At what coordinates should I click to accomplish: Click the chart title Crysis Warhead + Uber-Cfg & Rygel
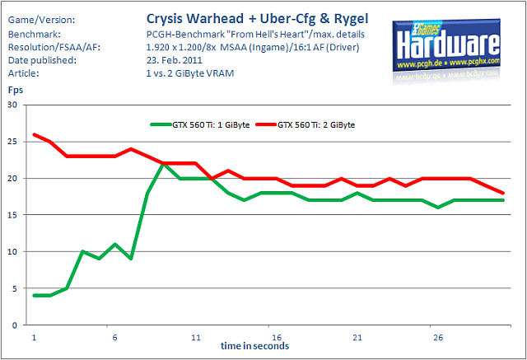(257, 19)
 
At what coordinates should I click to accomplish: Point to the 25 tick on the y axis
(12, 142)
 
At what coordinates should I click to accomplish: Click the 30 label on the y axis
(12, 105)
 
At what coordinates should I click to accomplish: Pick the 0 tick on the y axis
(15, 325)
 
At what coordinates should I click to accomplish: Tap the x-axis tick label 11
(196, 337)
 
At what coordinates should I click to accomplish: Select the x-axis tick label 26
(438, 337)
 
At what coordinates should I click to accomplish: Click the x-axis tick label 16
(277, 337)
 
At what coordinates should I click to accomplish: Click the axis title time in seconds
(254, 346)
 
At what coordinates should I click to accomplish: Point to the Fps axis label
(16, 91)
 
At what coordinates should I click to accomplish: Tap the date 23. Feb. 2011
(174, 60)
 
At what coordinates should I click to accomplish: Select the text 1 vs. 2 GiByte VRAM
(190, 73)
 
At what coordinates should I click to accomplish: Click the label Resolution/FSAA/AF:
(54, 48)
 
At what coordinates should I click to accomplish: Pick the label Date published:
(42, 60)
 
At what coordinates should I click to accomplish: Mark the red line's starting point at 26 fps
(35, 134)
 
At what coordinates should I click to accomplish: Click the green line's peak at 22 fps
(163, 164)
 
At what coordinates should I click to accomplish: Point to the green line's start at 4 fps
(35, 296)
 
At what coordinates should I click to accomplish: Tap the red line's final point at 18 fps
(503, 193)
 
